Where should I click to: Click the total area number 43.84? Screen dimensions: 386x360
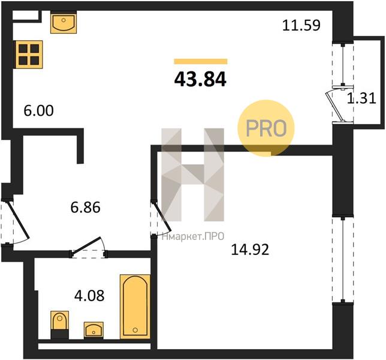(200, 80)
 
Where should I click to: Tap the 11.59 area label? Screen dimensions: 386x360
(301, 25)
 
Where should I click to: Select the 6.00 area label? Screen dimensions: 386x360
(38, 110)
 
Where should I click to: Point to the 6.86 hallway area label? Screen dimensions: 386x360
(86, 207)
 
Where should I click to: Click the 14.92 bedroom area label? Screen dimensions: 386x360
(250, 250)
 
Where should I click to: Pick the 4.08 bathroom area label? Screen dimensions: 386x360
(89, 295)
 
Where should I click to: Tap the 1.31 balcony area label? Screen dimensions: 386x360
(361, 98)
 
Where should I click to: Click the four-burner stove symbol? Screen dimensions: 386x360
(29, 55)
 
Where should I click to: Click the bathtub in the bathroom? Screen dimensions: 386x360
(135, 306)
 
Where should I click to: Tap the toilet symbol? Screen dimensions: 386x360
(59, 324)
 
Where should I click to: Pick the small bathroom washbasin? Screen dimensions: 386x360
(94, 329)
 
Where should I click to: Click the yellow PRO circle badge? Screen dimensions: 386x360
(266, 128)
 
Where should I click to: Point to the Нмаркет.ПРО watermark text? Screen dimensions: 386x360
(193, 237)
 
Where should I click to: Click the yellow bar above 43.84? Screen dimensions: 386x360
(201, 61)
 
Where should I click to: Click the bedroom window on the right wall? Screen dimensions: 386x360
(343, 260)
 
